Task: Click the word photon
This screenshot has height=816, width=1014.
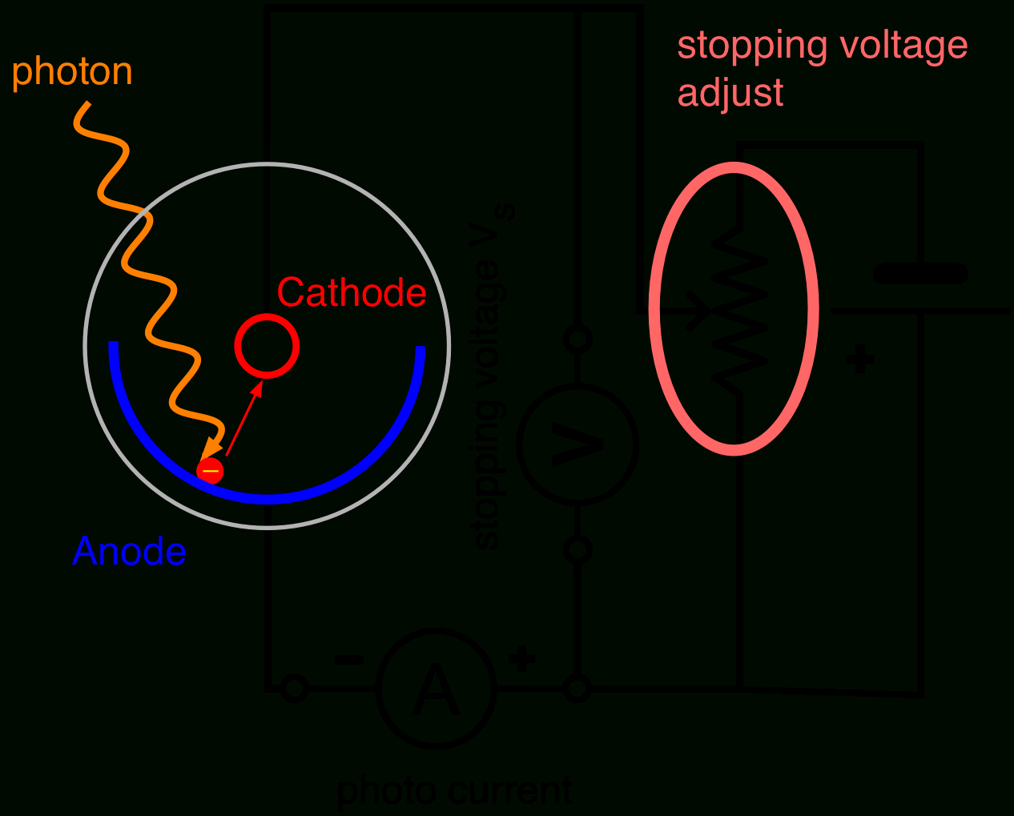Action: click(x=72, y=72)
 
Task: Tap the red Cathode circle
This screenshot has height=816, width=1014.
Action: click(x=267, y=346)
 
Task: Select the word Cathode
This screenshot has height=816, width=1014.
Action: click(x=351, y=293)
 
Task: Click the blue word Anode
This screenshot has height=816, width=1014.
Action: click(x=129, y=552)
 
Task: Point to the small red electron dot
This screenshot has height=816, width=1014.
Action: click(x=211, y=470)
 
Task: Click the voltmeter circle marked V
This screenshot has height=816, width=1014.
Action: click(x=577, y=444)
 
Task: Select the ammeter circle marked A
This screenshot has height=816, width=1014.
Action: click(x=437, y=689)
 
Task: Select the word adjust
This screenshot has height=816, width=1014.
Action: click(x=730, y=94)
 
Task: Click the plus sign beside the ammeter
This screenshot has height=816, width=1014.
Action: click(x=521, y=660)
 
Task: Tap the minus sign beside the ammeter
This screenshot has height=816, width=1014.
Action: click(x=348, y=660)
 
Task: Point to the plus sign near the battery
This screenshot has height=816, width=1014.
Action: click(x=860, y=359)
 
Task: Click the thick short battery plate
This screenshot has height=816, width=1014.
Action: click(x=920, y=274)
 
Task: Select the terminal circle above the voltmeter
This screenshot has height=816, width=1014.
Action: click(x=577, y=339)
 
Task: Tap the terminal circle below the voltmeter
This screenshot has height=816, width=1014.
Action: click(x=577, y=550)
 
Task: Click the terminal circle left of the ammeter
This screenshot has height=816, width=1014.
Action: click(x=294, y=689)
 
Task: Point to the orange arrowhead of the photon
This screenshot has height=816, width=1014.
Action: click(x=211, y=449)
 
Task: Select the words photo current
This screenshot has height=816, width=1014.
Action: click(x=454, y=791)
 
